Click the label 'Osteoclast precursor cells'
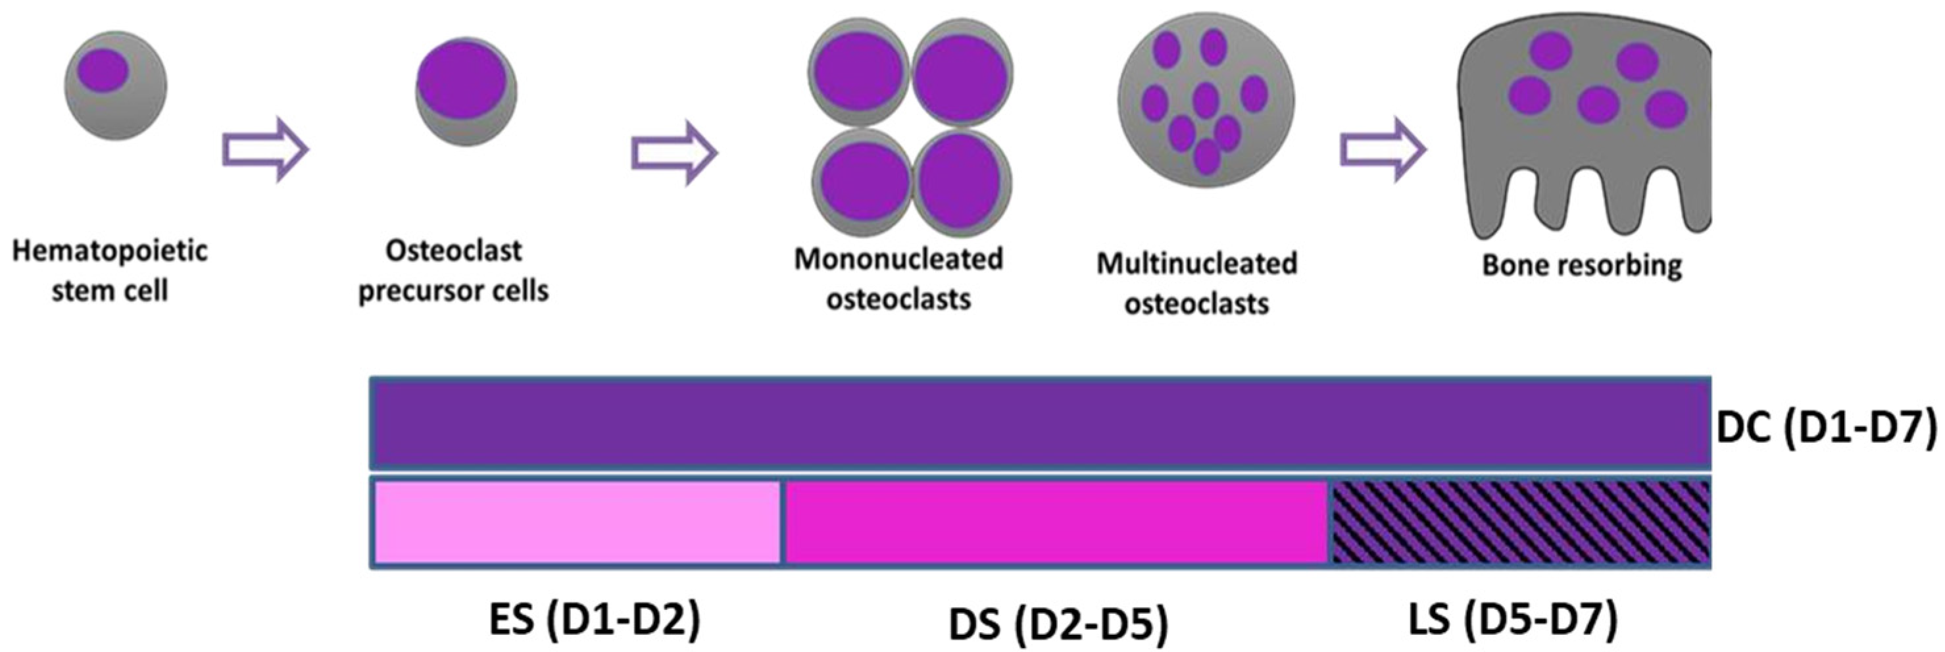[x=453, y=270]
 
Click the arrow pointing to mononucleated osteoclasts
[x=674, y=152]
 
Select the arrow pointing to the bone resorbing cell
[x=1383, y=149]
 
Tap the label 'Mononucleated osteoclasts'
[x=898, y=279]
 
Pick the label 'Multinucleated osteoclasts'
[x=1196, y=284]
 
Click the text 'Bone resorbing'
[x=1582, y=265]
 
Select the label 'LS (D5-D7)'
[x=1512, y=618]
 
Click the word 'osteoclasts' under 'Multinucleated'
[x=1196, y=304]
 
